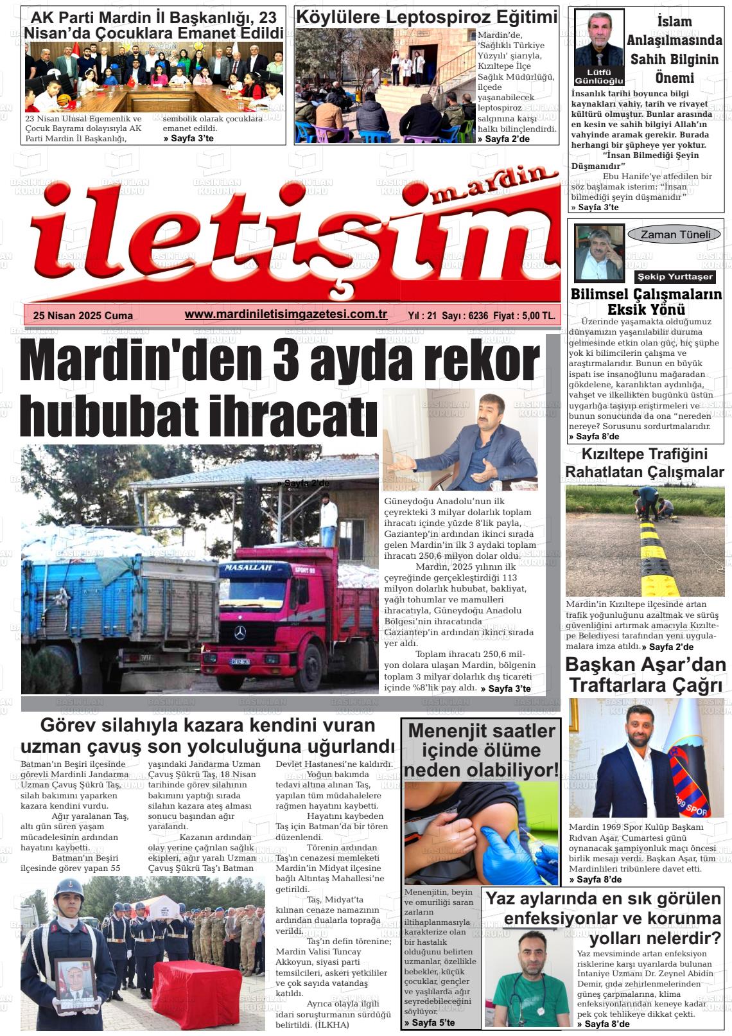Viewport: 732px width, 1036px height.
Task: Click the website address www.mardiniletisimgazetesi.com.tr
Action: pyautogui.click(x=286, y=314)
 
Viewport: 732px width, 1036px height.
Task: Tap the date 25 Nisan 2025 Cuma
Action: pyautogui.click(x=83, y=315)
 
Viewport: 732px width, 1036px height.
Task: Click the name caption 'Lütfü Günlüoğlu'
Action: pyautogui.click(x=598, y=76)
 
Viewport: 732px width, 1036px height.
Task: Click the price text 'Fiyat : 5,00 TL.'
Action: pyautogui.click(x=525, y=315)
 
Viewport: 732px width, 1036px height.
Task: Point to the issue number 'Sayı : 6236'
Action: pyautogui.click(x=466, y=315)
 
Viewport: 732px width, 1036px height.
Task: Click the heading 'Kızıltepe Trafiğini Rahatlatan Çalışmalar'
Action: pyautogui.click(x=644, y=462)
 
